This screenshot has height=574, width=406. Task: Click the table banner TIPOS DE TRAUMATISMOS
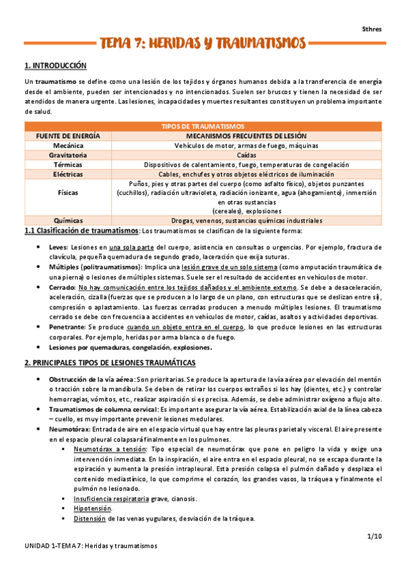click(x=203, y=127)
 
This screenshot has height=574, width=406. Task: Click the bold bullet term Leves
click(x=59, y=248)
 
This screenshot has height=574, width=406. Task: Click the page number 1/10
click(x=375, y=536)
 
